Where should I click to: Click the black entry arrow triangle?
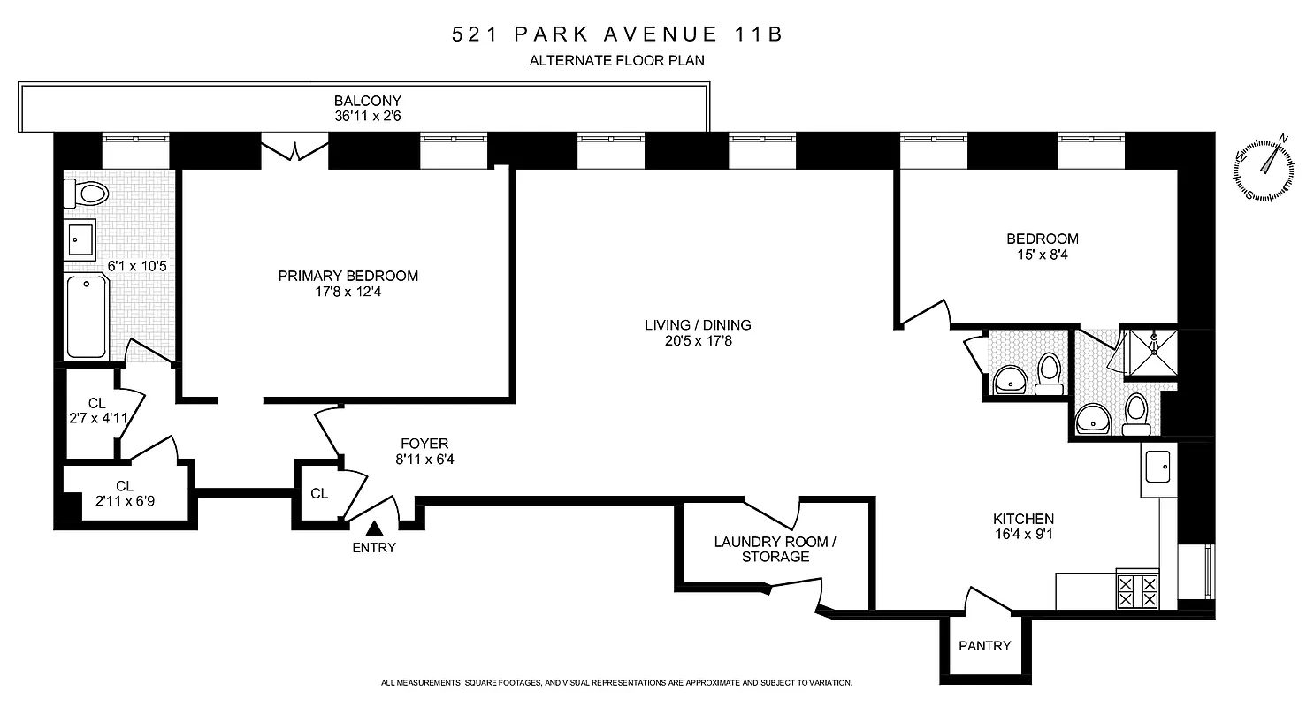point(374,528)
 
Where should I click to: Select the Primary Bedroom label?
point(348,276)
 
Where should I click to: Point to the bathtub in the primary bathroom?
point(87,316)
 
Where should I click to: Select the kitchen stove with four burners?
point(1137,589)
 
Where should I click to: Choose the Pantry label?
point(984,646)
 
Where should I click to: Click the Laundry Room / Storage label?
point(775,549)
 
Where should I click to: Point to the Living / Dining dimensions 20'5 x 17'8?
point(698,340)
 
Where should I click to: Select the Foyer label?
point(424,444)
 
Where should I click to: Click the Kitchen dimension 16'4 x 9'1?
point(1022,535)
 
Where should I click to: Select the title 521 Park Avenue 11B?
point(617,35)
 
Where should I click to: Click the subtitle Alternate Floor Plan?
point(616,61)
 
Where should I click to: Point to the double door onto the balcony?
point(294,148)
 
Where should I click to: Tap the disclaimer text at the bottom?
point(616,683)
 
